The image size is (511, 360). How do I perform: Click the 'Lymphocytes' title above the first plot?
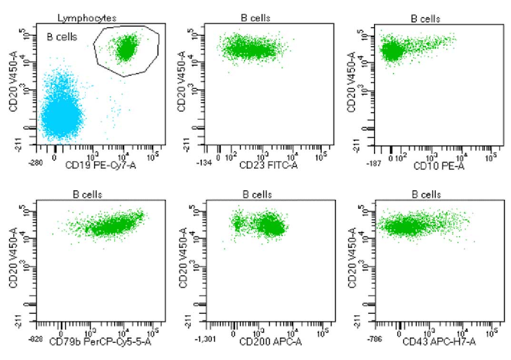87,18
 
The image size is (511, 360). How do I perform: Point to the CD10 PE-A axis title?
433,166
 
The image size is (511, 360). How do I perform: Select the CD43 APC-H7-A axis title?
439,342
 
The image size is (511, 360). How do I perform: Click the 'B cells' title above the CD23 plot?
255,18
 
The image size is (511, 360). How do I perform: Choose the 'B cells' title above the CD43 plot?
426,195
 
